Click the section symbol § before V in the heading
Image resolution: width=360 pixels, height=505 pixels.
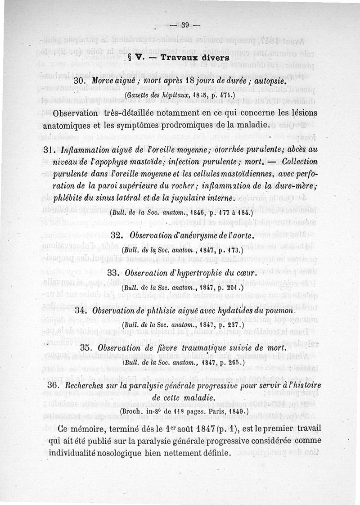130,58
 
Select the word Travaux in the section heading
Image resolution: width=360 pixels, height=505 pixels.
178,58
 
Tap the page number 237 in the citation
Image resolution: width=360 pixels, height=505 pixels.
234,324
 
